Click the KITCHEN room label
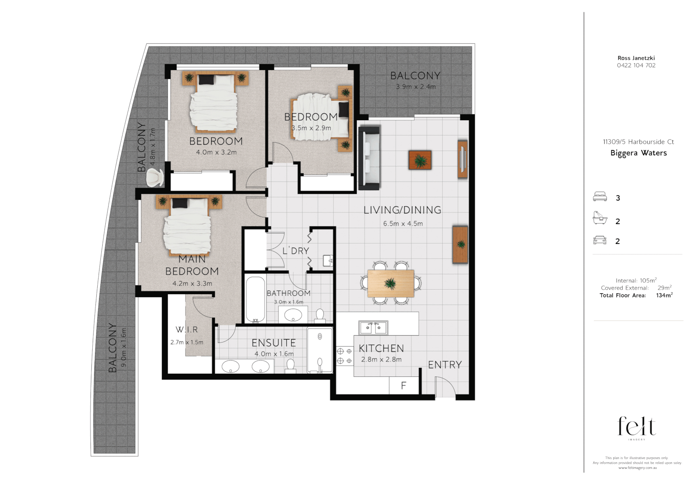click(x=381, y=348)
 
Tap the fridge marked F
click(x=403, y=385)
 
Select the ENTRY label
click(x=445, y=365)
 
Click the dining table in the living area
click(x=391, y=283)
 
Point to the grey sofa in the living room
click(x=369, y=158)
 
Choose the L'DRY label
click(x=296, y=251)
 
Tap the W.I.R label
click(x=187, y=330)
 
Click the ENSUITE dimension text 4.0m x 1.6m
click(x=274, y=354)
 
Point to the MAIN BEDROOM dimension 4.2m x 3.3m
click(x=192, y=284)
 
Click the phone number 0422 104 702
click(x=636, y=65)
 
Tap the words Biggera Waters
click(x=638, y=153)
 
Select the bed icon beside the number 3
click(x=600, y=197)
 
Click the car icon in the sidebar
click(x=600, y=240)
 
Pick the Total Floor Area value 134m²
click(x=664, y=296)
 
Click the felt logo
click(x=636, y=427)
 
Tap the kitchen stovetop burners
click(x=345, y=356)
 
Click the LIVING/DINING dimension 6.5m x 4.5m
click(x=403, y=224)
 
